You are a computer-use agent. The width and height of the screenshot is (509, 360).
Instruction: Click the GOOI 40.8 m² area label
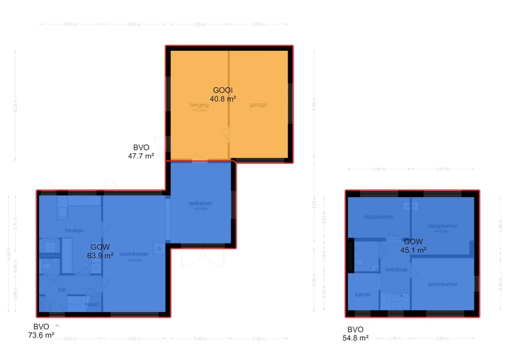coord(223,94)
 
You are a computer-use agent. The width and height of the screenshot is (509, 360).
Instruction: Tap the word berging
coord(199,105)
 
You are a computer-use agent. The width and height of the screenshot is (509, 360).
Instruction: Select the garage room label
coord(258,105)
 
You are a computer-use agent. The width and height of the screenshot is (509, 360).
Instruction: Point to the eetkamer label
coord(201,203)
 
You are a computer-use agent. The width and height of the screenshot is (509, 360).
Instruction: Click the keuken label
coord(74,230)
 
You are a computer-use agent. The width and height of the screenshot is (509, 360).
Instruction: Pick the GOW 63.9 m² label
coord(100,251)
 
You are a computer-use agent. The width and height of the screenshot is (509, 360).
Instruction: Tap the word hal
coord(62,289)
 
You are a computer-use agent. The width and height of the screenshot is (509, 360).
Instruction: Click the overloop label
coord(396,270)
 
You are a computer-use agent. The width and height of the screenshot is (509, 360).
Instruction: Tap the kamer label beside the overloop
coord(363,294)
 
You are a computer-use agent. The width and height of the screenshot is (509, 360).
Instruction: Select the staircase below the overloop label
coord(395,300)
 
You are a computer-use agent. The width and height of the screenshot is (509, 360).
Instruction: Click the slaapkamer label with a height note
coord(442,226)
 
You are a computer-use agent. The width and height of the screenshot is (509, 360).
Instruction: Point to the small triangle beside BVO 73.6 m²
coord(57,325)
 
